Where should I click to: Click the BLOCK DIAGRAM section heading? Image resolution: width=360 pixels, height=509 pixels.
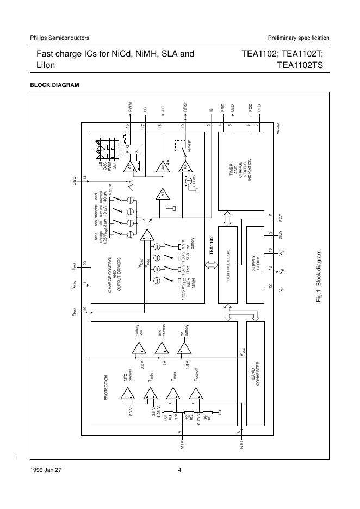pyautogui.click(x=54, y=85)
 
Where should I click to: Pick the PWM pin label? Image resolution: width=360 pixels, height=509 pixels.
pyautogui.click(x=130, y=107)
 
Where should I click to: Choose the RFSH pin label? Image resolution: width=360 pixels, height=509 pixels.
pyautogui.click(x=185, y=106)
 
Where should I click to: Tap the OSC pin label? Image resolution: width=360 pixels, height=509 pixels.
pyautogui.click(x=74, y=181)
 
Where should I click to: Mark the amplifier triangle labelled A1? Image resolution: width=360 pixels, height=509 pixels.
pyautogui.click(x=162, y=194)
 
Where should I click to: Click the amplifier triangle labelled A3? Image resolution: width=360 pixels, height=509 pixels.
pyautogui.click(x=162, y=167)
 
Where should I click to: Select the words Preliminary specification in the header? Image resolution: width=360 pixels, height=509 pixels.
pyautogui.click(x=299, y=38)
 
